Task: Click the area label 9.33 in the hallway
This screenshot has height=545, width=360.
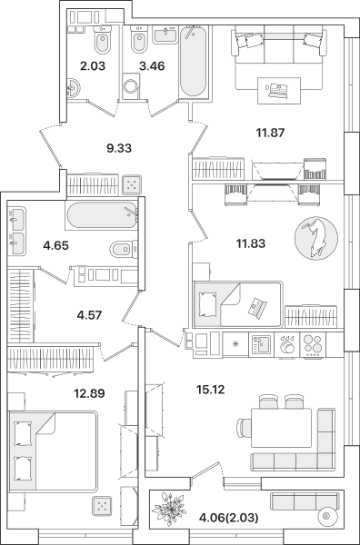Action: (x=119, y=148)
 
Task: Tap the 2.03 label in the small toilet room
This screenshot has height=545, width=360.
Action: (x=93, y=65)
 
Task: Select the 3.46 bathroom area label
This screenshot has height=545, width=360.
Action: (x=152, y=65)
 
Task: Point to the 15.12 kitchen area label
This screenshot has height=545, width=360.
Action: (x=210, y=390)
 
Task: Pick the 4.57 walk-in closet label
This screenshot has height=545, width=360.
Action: (x=89, y=315)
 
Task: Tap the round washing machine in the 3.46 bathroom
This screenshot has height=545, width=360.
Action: (x=131, y=85)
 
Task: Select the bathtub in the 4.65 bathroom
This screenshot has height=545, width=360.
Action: (x=102, y=215)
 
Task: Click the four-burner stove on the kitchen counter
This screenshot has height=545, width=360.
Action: (x=313, y=344)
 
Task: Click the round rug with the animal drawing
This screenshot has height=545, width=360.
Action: (x=316, y=238)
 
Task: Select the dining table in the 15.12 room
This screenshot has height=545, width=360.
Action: (x=282, y=428)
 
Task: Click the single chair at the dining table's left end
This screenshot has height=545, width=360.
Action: (x=244, y=427)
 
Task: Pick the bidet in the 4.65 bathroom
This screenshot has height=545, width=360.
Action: (x=123, y=249)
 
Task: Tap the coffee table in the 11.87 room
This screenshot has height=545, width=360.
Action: (x=278, y=90)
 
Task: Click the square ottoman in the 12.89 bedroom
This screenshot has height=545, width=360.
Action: (x=102, y=506)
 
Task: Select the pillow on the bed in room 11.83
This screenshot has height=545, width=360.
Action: (x=207, y=304)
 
